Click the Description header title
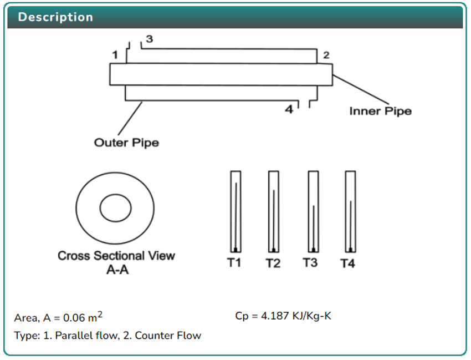pos(55,17)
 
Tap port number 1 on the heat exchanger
pos(115,54)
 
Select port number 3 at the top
pos(149,39)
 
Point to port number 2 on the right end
pos(326,55)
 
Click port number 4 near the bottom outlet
pos(289,109)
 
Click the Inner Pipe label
pos(380,111)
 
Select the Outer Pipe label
pos(126,143)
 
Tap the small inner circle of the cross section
pos(115,209)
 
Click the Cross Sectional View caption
pos(116,256)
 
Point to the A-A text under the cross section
pos(116,270)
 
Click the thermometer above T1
pos(235,211)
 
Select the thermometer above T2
pos(273,211)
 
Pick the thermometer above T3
pos(313,211)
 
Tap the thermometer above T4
pos(350,211)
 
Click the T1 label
pos(234,262)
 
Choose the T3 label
pos(310,262)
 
